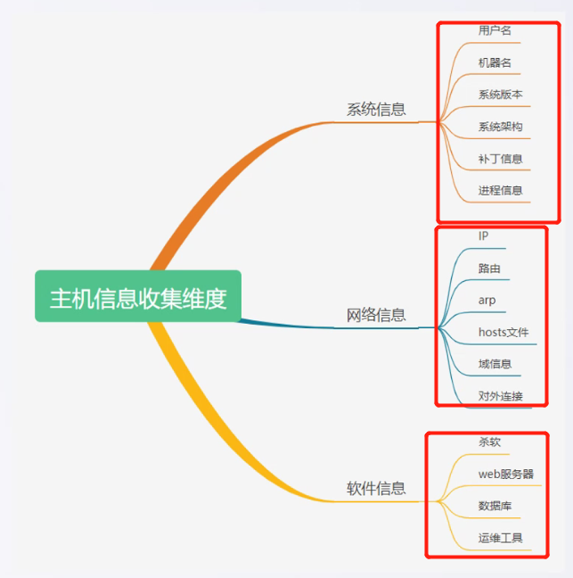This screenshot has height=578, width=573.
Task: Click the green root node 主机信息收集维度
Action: (x=138, y=297)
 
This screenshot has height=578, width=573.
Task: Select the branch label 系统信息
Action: (x=376, y=110)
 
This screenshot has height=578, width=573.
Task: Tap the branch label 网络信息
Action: (x=376, y=315)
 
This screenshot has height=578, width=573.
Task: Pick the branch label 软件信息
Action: (x=376, y=488)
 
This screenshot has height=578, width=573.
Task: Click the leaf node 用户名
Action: (x=495, y=30)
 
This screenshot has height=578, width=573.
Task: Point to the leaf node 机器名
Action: (x=495, y=62)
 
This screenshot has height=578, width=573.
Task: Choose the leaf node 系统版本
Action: (x=500, y=95)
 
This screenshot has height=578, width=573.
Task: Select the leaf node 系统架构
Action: (x=500, y=127)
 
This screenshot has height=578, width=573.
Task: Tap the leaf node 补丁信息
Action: (x=500, y=159)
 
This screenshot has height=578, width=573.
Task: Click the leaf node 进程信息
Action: (x=500, y=190)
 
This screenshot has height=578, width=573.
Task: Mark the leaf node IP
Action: (x=484, y=236)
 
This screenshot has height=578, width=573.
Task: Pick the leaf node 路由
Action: (x=489, y=268)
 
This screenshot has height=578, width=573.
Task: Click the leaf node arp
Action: (x=487, y=301)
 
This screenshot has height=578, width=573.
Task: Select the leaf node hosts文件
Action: (x=503, y=333)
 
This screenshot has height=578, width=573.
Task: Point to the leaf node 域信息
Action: (x=495, y=364)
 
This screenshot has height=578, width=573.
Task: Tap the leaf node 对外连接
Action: (x=500, y=396)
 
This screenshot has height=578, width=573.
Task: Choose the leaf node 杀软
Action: (x=489, y=442)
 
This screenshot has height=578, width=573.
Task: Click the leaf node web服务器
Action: (x=506, y=474)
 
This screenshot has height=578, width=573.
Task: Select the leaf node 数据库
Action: (x=495, y=506)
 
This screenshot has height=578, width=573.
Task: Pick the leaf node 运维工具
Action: (x=500, y=538)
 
